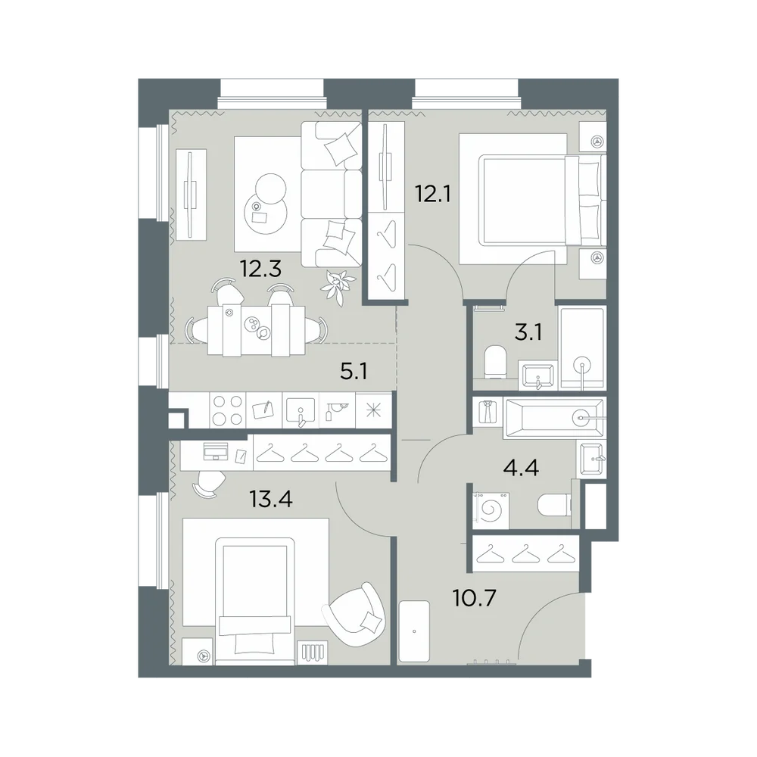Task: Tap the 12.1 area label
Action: click(433, 194)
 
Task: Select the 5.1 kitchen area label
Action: click(354, 372)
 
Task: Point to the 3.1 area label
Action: click(528, 332)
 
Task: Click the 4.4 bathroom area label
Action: click(521, 468)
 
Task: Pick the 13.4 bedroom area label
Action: click(271, 499)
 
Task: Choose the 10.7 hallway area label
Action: click(475, 599)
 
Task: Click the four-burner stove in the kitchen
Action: click(228, 410)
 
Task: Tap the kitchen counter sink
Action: click(301, 411)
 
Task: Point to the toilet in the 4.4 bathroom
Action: click(554, 505)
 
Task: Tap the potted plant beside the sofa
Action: click(338, 286)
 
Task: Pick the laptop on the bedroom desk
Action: click(216, 451)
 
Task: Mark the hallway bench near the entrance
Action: click(414, 631)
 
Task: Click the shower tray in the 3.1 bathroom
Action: click(582, 348)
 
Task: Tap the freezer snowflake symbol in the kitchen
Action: click(374, 411)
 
